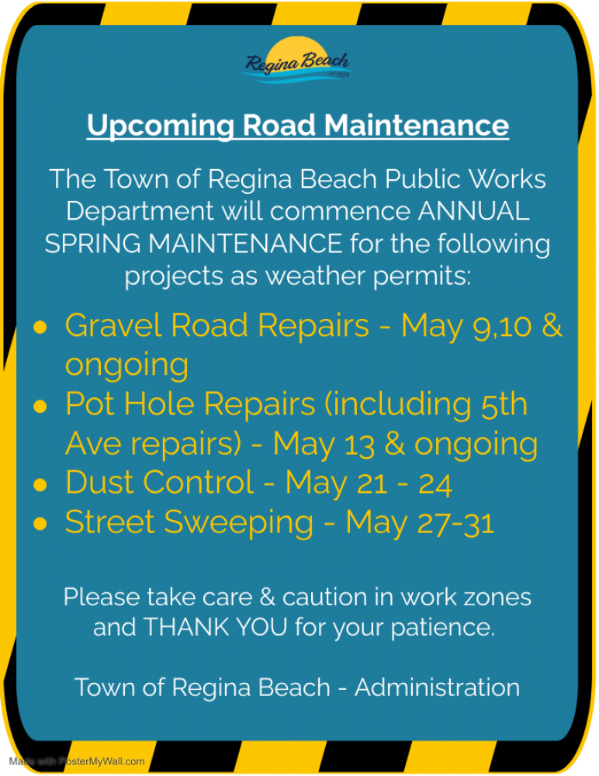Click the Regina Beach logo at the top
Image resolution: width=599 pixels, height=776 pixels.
pyautogui.click(x=297, y=61)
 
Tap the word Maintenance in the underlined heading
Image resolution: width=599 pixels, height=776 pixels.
pyautogui.click(x=417, y=125)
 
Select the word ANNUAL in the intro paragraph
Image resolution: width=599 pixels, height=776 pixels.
pyautogui.click(x=474, y=211)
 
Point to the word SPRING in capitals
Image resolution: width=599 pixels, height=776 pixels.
pyautogui.click(x=92, y=244)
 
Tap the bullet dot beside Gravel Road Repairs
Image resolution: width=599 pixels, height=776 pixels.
pyautogui.click(x=40, y=327)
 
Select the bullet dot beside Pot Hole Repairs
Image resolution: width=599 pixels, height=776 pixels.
pyautogui.click(x=40, y=407)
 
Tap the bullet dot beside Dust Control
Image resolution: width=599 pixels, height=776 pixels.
pyautogui.click(x=40, y=484)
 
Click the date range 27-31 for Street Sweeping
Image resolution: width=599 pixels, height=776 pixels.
pyautogui.click(x=455, y=522)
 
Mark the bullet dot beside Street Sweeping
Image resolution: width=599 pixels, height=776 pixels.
pyautogui.click(x=40, y=524)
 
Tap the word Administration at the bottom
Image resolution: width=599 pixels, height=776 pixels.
pyautogui.click(x=437, y=688)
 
